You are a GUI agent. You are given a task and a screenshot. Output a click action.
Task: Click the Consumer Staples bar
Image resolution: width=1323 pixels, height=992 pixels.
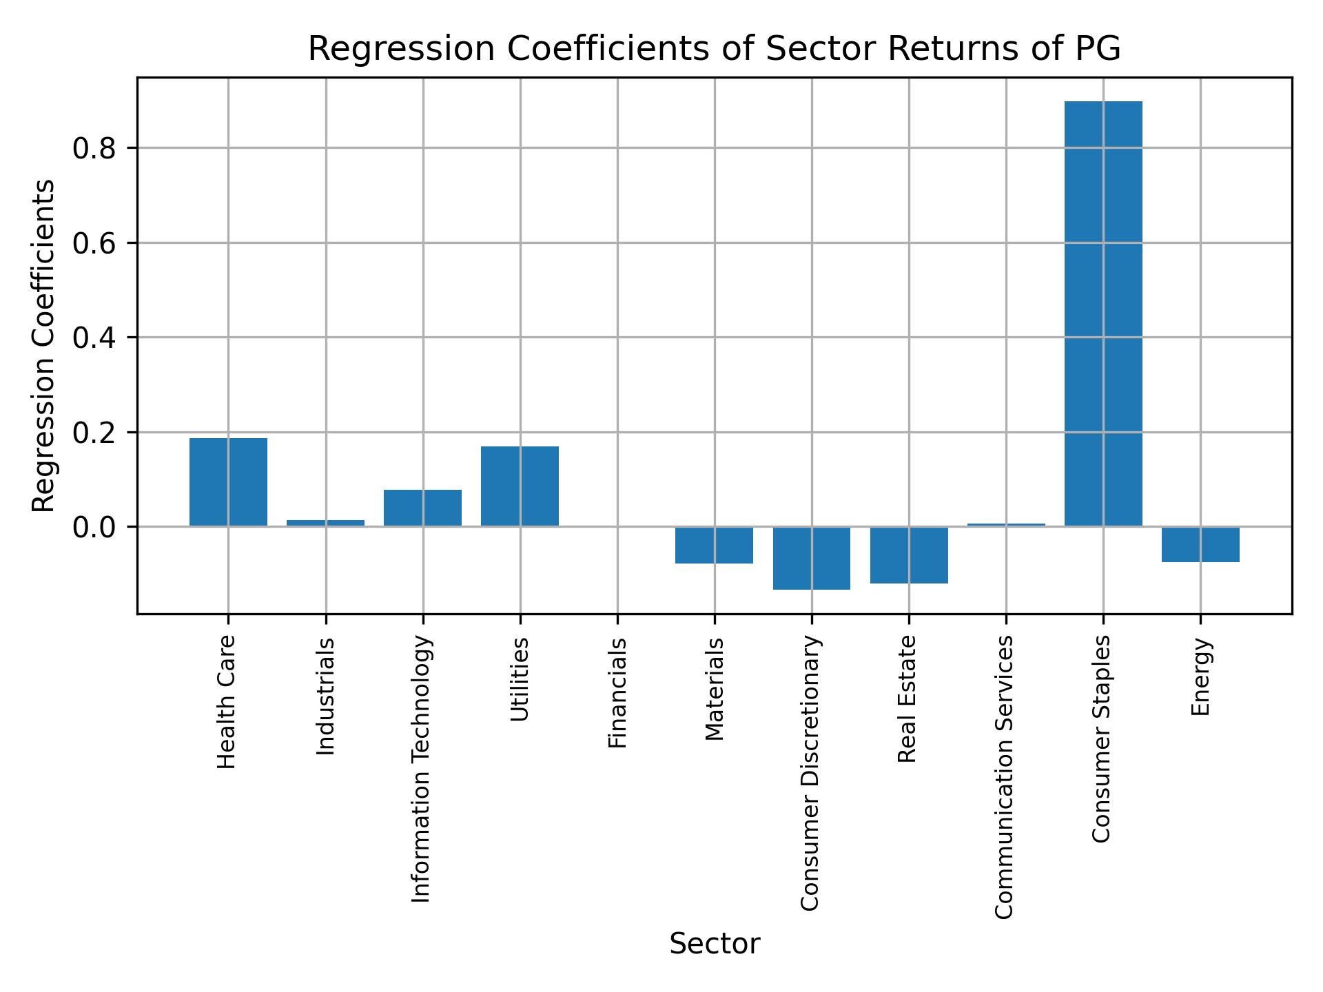pos(1103,313)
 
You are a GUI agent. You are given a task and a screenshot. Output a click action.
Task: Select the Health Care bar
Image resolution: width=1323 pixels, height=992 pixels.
pos(228,482)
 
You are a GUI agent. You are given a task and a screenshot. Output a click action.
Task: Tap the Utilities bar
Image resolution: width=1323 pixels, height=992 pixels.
pos(520,486)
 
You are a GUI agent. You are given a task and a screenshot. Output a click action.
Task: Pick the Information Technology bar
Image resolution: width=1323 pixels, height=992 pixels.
pos(422,508)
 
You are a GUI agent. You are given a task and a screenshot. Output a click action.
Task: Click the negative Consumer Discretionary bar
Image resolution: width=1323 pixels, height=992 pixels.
pos(811,558)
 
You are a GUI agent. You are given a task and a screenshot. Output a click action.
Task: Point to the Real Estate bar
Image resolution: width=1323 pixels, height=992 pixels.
pos(909,555)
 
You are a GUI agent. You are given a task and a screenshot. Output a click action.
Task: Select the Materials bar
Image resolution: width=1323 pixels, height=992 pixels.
pos(714,545)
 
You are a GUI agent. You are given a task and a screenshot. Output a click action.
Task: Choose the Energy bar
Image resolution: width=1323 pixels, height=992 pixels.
pos(1200,544)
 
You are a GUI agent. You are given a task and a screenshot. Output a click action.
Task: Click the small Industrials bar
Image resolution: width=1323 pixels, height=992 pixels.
pos(325,523)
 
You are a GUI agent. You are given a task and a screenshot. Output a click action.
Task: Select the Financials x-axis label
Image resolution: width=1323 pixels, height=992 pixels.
pos(617,692)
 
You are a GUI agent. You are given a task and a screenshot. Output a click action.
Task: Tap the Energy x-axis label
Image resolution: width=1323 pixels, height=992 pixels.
pos(1200,676)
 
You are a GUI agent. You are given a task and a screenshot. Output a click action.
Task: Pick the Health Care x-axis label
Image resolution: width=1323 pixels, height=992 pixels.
pos(227,702)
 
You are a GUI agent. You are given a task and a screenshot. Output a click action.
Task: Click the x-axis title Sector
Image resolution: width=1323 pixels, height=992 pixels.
pos(715,944)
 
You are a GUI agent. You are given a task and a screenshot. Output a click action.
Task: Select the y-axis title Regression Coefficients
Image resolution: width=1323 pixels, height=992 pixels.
pos(44,346)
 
